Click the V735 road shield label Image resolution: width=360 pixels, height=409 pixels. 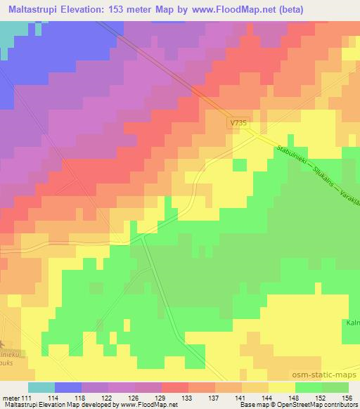tap(240, 123)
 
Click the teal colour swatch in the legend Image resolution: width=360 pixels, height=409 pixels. tap(41, 388)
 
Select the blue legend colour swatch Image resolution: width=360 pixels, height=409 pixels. tap(68, 388)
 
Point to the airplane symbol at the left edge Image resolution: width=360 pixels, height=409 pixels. tap(3, 344)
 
